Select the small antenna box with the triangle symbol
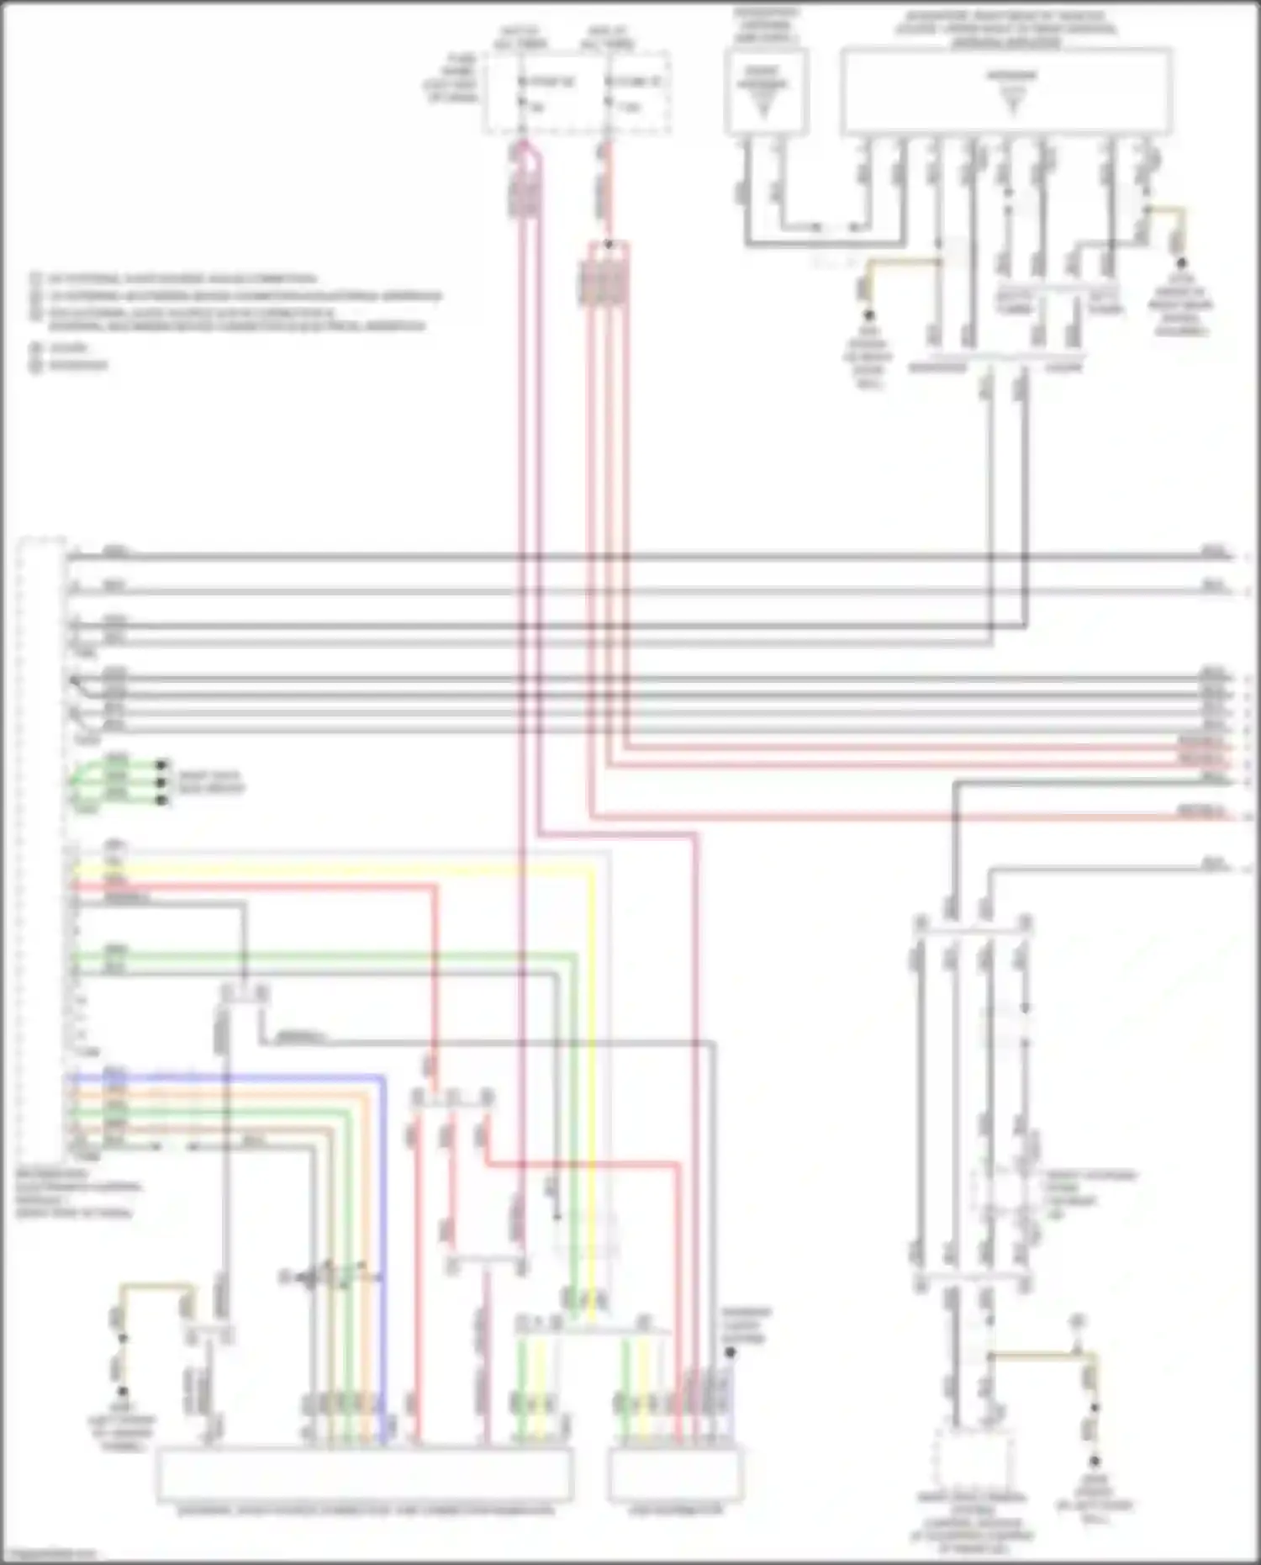(766, 91)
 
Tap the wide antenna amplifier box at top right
(1006, 91)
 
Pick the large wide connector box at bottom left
(364, 1474)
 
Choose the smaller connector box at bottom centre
(675, 1474)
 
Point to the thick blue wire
(252, 1076)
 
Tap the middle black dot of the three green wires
(161, 781)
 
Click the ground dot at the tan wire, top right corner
(1181, 263)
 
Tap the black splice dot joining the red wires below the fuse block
(608, 246)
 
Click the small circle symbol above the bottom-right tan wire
(1077, 1320)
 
